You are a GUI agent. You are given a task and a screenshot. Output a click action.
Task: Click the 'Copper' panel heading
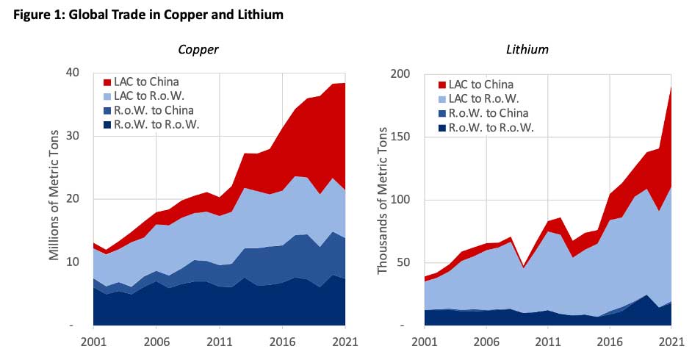pyautogui.click(x=198, y=49)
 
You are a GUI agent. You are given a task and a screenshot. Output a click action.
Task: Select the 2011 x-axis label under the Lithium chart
pyautogui.click(x=547, y=342)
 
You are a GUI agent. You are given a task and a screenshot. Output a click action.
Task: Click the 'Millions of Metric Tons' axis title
pyautogui.click(x=54, y=198)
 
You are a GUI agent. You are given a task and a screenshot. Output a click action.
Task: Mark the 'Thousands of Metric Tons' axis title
pyautogui.click(x=382, y=198)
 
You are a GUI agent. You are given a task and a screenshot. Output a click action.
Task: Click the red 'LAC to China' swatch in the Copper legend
pyautogui.click(x=108, y=82)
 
